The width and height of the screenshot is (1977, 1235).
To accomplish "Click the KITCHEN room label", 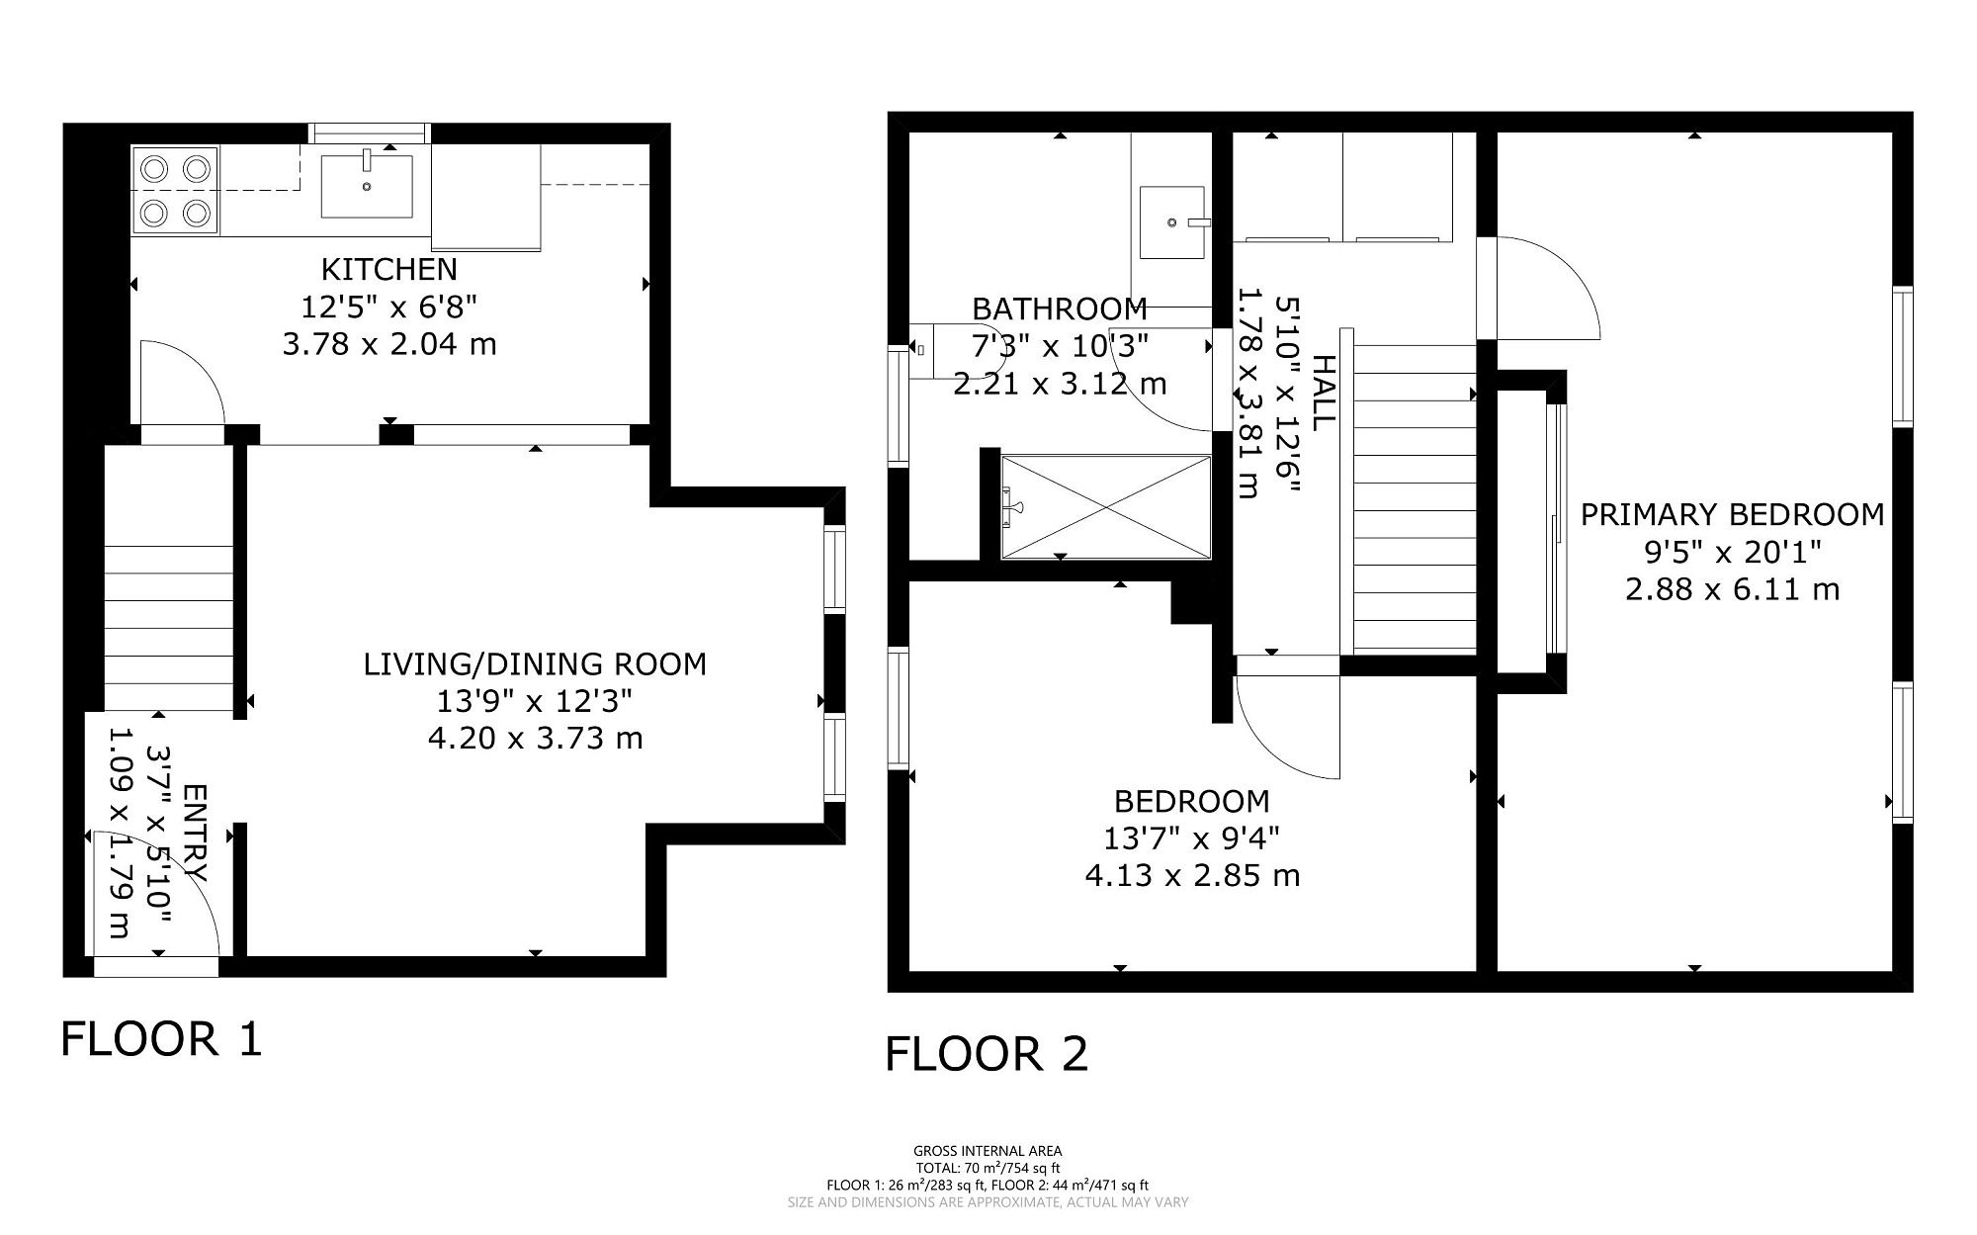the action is coord(389,269).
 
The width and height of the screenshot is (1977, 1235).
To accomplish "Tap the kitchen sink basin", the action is coord(367,186).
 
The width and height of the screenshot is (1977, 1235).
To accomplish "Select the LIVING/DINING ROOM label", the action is coord(535,663).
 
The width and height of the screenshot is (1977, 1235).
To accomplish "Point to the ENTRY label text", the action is coord(195,834).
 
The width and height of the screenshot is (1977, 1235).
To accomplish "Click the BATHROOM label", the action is coord(1060,309).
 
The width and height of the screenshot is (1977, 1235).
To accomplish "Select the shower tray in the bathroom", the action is coord(1106,507).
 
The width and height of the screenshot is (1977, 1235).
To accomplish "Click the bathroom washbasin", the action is coord(1172,222).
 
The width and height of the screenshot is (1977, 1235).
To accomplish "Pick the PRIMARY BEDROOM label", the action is coord(1732,515).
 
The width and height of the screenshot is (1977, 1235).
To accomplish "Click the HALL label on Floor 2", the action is coord(1323,393).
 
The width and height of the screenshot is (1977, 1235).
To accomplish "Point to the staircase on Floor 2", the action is coord(1415,497).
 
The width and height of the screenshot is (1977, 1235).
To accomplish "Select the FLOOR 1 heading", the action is coord(162,1039).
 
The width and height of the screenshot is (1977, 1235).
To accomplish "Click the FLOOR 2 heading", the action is coord(987,1054).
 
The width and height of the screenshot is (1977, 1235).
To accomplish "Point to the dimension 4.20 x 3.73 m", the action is coord(535,739).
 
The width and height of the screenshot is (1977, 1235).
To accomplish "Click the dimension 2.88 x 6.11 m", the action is coord(1732,590).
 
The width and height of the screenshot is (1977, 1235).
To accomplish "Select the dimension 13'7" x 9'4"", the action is coord(1191,838).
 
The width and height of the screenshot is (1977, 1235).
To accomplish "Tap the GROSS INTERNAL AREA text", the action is coord(988,1151).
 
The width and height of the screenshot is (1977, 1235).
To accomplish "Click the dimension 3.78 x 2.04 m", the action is coord(389,345).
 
